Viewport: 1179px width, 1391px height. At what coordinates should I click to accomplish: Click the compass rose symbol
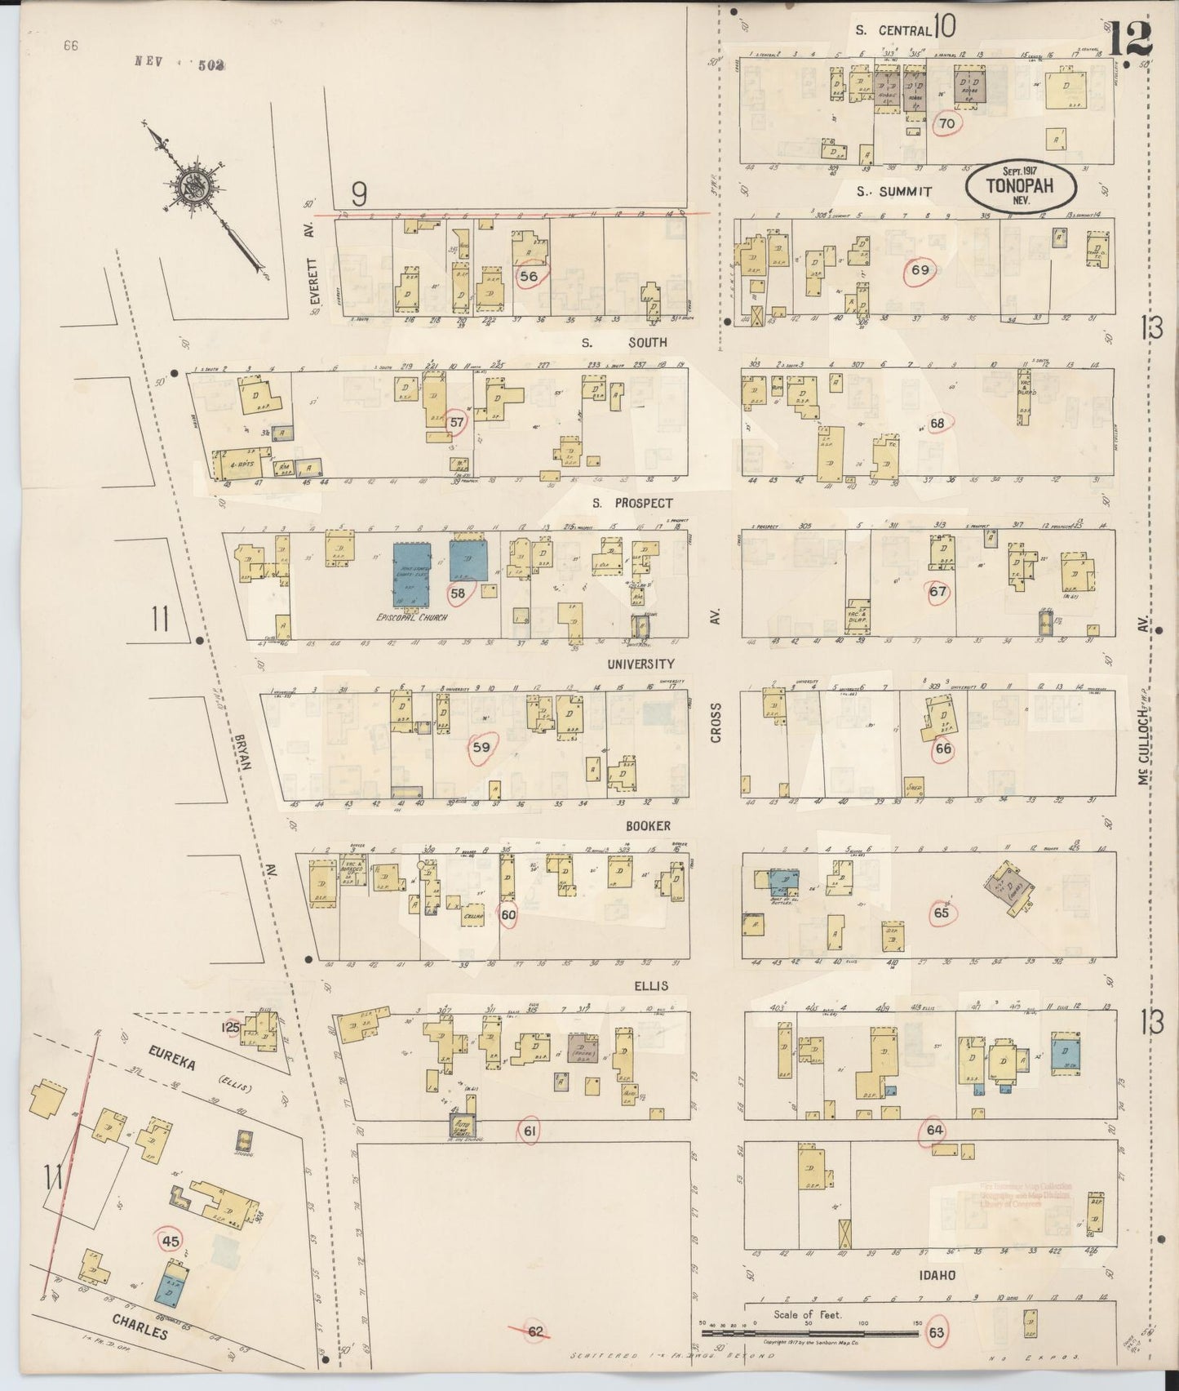point(197,187)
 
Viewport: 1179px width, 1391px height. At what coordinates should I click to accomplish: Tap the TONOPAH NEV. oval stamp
point(1020,187)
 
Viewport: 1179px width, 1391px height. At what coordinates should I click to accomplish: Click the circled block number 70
point(946,124)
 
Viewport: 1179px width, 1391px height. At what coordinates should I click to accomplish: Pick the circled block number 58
point(458,593)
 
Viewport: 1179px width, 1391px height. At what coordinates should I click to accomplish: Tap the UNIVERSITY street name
point(640,664)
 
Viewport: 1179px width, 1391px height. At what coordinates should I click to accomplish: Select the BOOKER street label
point(649,826)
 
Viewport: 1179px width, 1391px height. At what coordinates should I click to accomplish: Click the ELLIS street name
point(650,985)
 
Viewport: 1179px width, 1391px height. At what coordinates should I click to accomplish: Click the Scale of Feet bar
point(808,1333)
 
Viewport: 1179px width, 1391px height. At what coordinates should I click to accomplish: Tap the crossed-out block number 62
point(534,1331)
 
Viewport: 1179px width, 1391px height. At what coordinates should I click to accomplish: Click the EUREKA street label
point(172,1064)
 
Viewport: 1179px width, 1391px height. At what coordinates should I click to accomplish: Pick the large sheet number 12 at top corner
point(1129,37)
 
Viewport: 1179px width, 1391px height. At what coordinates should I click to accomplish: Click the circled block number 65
point(942,913)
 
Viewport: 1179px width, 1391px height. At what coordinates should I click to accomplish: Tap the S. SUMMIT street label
point(893,192)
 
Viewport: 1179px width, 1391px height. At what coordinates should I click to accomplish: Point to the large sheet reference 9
point(359,193)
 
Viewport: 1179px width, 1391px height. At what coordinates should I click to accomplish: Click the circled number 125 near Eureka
point(232,1027)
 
